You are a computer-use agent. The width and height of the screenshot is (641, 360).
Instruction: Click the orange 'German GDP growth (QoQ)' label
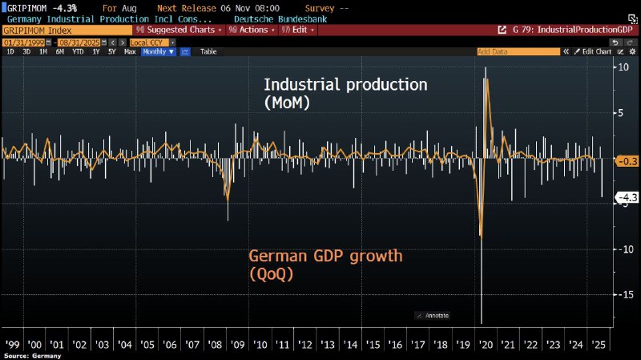[325, 265]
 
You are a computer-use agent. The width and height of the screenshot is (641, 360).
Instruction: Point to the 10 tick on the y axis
[621, 67]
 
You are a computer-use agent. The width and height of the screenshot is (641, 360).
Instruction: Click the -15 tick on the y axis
[621, 295]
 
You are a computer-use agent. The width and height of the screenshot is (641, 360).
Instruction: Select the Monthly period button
[158, 51]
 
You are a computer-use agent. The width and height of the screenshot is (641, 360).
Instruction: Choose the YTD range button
[79, 51]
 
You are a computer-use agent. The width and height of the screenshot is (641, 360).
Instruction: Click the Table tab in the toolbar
[208, 51]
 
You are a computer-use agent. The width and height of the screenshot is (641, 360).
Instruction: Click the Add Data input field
[517, 51]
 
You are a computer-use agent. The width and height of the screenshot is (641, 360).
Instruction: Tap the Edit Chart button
[595, 51]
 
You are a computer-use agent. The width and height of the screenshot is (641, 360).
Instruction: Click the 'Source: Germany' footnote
[32, 355]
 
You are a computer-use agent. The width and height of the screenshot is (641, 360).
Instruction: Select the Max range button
[130, 51]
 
